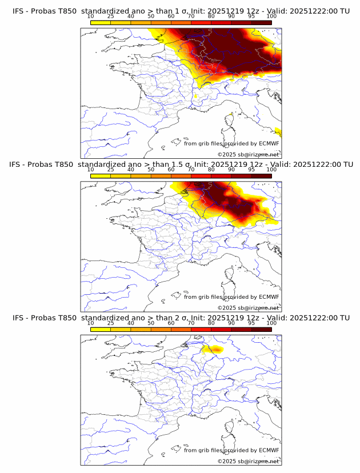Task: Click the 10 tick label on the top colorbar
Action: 90,16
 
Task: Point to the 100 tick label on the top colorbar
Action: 271,16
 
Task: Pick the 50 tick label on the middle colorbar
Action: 151,169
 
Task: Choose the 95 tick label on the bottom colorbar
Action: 251,322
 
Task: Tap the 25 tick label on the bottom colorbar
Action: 110,322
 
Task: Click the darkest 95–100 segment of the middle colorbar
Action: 261,176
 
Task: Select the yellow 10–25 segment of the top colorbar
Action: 101,23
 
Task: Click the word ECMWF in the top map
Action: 269,144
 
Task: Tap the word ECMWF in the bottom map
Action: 269,450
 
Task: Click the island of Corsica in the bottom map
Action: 230,427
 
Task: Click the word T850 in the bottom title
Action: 66,317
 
